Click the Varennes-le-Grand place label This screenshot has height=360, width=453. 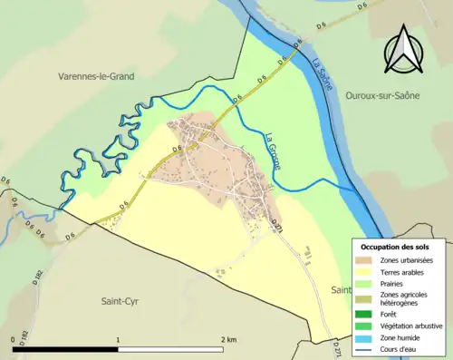95,77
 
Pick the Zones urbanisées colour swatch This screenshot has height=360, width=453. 368,260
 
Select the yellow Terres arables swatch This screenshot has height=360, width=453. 368,271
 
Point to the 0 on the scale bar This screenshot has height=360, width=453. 13,340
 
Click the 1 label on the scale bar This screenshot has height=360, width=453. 118,340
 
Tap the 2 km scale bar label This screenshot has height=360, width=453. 228,340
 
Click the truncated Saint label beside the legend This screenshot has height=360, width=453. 340,290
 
